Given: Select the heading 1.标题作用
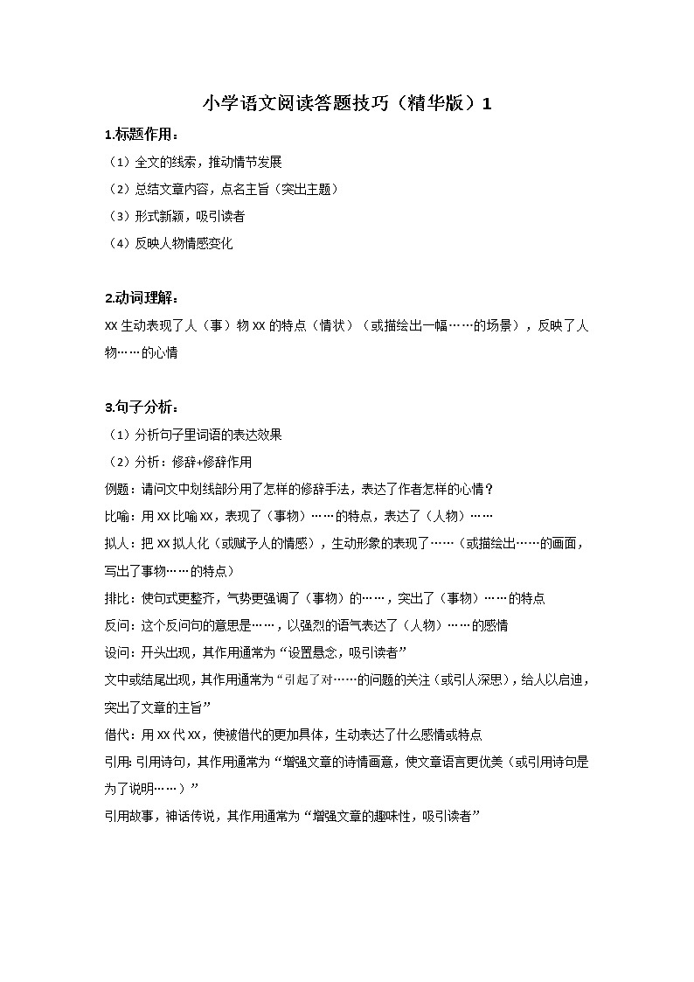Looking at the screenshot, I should pos(142,135).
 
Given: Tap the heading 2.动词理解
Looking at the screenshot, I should pos(142,298).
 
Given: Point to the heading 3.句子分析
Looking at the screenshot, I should pos(142,407).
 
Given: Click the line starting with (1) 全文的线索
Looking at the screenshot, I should pos(193,162).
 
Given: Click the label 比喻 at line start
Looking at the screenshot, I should pos(115,516).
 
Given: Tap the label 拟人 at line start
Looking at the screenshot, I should pos(115,543).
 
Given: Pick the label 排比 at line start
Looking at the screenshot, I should pos(115,598).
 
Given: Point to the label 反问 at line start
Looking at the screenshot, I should pos(115,625).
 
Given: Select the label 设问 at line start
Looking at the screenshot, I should pos(115,652).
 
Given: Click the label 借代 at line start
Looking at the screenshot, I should pos(115,734).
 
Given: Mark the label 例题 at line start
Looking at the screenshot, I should pos(115,489).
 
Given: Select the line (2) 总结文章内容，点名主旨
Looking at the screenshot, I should pos(221,189).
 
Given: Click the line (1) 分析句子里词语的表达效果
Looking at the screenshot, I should pos(193,435).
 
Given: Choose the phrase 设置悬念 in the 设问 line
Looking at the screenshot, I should pos(317,652).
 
